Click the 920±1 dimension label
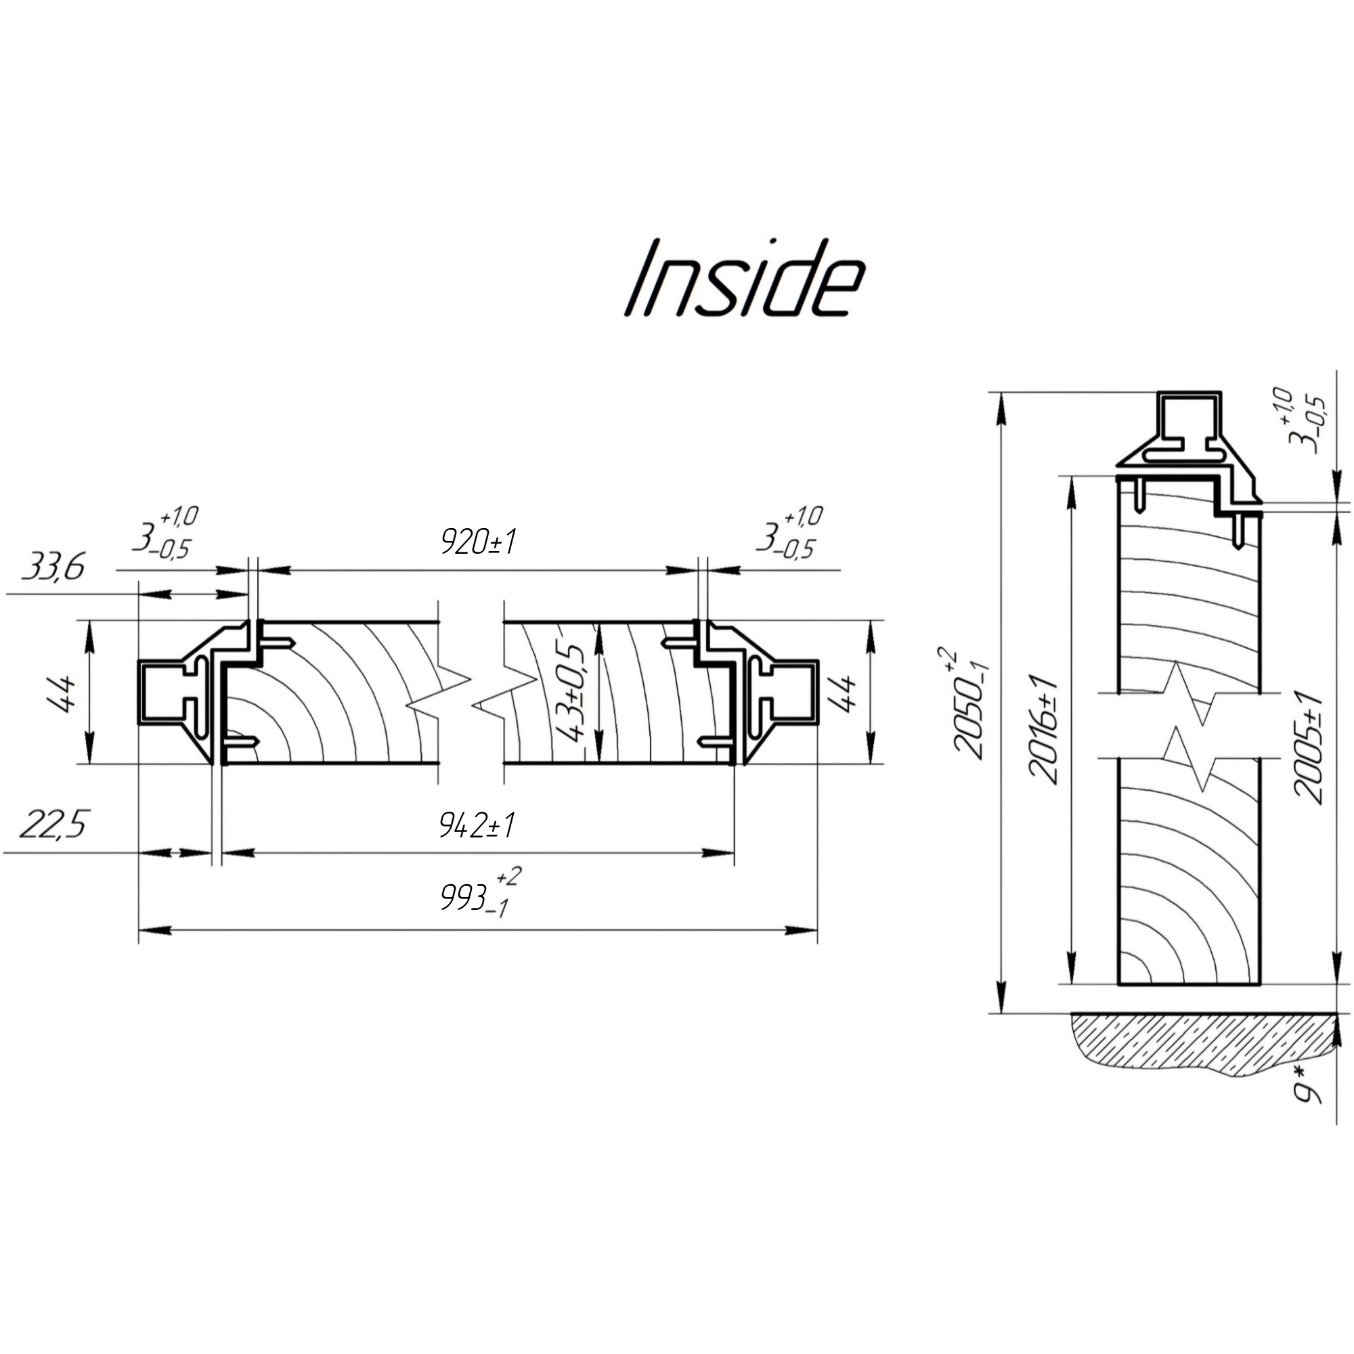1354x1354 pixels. [478, 541]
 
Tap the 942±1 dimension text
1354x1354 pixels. [477, 825]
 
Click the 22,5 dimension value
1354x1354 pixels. [53, 824]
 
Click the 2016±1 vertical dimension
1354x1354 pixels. [1042, 729]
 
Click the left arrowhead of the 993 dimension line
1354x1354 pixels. [154, 931]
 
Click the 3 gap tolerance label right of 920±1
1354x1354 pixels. [789, 534]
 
